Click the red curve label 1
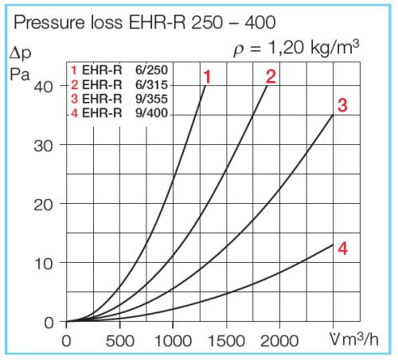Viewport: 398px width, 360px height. (x=206, y=77)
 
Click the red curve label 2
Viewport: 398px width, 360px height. (x=270, y=77)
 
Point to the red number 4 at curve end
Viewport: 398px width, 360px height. (x=342, y=248)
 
